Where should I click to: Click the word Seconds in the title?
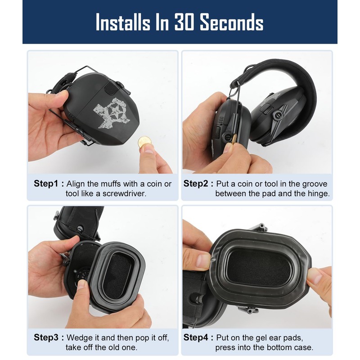232,22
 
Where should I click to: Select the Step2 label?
196,184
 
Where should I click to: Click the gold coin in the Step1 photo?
144,142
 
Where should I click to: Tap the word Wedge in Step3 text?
77,337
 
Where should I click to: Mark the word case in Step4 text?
302,348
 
